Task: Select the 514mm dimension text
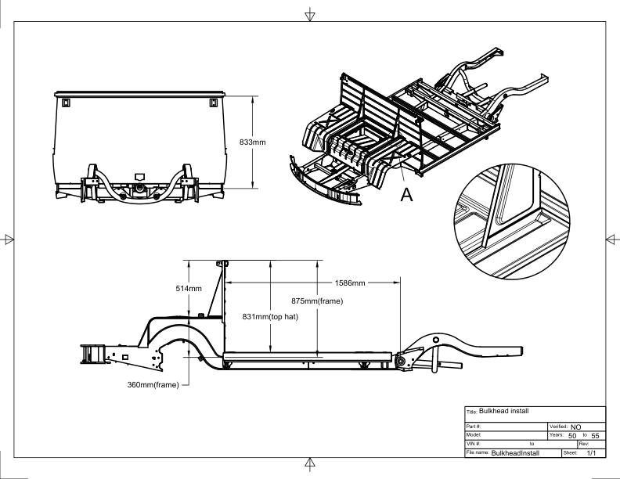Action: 188,289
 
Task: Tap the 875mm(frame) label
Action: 345,301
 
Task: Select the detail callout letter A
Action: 406,195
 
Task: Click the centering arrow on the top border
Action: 310,13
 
